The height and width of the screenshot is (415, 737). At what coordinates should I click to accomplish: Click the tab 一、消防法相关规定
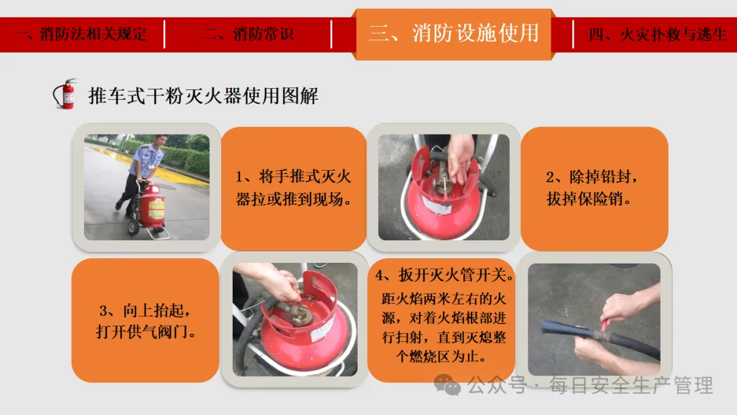pyautogui.click(x=81, y=34)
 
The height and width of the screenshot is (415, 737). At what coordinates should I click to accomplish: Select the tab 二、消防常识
pyautogui.click(x=248, y=34)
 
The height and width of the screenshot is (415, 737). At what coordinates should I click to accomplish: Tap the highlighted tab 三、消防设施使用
pyautogui.click(x=454, y=33)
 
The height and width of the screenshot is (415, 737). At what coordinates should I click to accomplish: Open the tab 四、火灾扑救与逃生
pyautogui.click(x=657, y=34)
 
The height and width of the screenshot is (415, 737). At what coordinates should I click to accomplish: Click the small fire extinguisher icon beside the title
pyautogui.click(x=65, y=94)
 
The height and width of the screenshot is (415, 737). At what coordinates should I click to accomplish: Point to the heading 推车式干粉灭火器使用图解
pyautogui.click(x=203, y=96)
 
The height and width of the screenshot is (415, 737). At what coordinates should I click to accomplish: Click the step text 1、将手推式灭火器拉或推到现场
pyautogui.click(x=293, y=188)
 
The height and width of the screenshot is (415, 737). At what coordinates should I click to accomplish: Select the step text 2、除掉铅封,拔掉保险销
pyautogui.click(x=592, y=188)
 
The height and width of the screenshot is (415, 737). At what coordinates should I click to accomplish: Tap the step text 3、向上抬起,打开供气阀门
pyautogui.click(x=146, y=321)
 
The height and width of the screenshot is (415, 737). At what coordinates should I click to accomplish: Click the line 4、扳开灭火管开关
pyautogui.click(x=444, y=275)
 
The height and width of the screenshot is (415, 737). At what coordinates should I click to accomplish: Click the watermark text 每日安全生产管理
pyautogui.click(x=631, y=386)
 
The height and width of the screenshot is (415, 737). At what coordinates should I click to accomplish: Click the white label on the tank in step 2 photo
pyautogui.click(x=437, y=205)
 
